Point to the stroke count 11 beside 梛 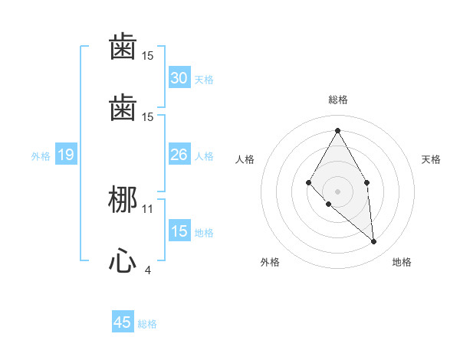pos(148,208)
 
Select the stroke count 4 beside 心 pos(148,270)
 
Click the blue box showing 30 pos(179,78)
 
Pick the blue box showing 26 pos(179,155)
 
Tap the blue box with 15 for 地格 pos(179,232)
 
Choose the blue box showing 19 pos(65,155)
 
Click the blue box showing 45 pos(123,322)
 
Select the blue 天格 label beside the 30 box pos(204,79)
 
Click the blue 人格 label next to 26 pos(204,156)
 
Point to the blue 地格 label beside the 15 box pos(204,233)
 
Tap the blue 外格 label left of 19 pos(41,156)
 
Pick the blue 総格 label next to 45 pos(147,323)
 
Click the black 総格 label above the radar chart pos(337,100)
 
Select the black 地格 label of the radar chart pos(402,262)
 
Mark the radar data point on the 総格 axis pos(337,130)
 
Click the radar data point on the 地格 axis pos(373,241)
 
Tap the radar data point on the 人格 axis pos(308,182)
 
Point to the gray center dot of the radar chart pos(337,191)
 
